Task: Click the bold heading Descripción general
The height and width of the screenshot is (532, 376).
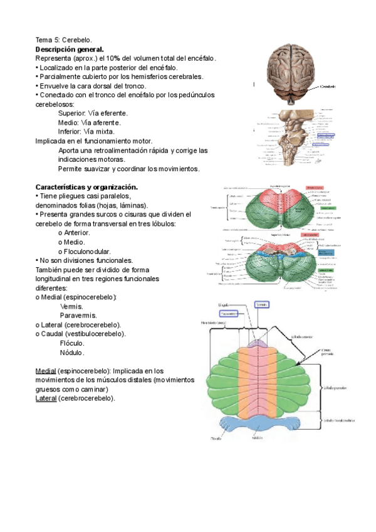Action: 70,49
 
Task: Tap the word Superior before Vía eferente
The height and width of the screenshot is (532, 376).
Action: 71,114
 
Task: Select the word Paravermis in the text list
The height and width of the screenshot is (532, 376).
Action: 78,315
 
